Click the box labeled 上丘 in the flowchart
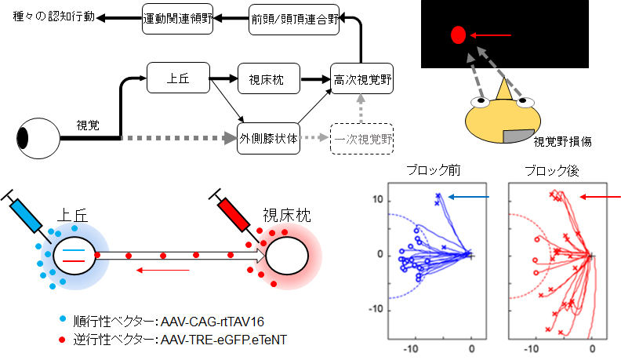(178, 78)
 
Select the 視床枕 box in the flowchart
(269, 78)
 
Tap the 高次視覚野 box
(362, 78)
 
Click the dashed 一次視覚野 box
(362, 139)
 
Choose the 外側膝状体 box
(268, 139)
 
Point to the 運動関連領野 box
(178, 19)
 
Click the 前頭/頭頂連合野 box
(294, 20)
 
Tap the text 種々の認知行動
(54, 16)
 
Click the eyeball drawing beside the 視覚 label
(38, 138)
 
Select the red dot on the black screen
(458, 35)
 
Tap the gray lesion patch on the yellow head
(519, 136)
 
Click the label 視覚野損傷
(562, 141)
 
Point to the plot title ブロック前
(434, 170)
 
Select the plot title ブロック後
(552, 171)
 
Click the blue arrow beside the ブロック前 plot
(469, 197)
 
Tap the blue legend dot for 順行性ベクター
(62, 318)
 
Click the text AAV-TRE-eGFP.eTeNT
(223, 340)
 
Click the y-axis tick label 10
(378, 199)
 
